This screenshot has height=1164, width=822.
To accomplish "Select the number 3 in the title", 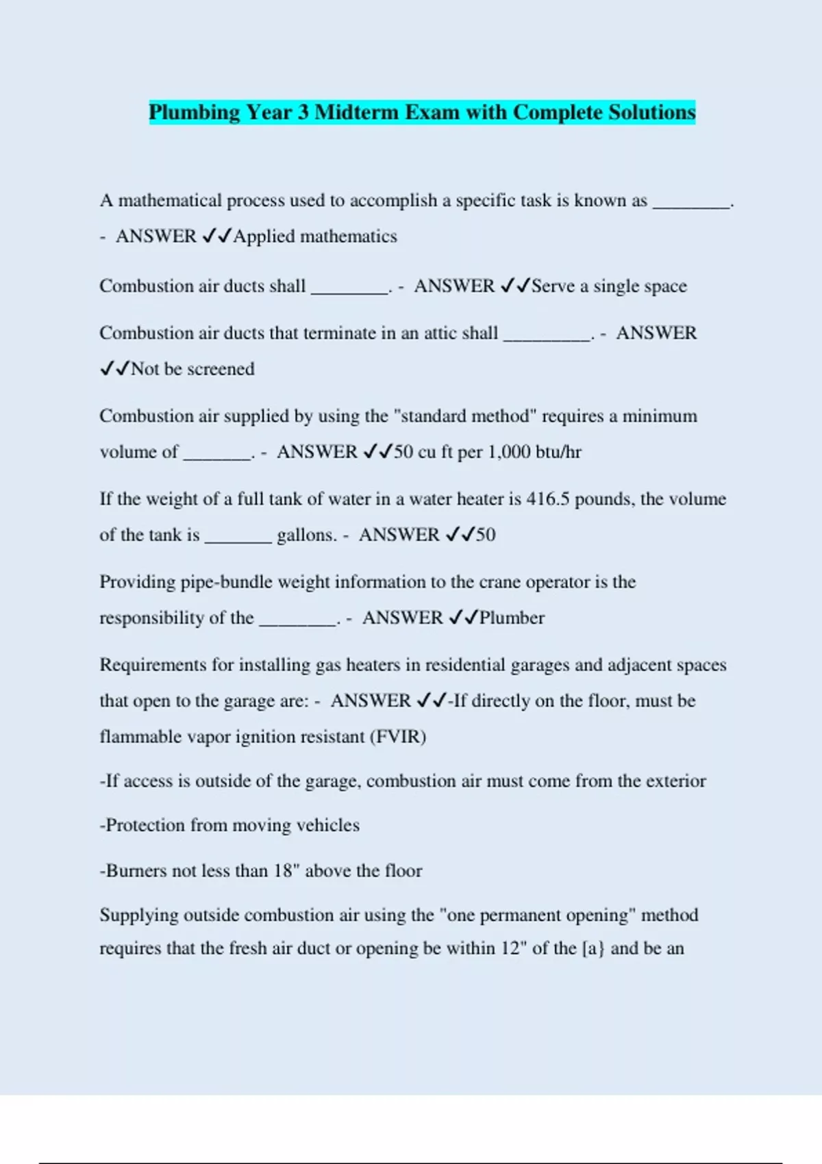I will point(303,112).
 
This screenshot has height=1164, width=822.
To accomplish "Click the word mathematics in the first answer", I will point(349,236).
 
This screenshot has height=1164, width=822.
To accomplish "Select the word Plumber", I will point(512,618).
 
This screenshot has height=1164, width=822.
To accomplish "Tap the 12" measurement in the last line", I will point(512,948).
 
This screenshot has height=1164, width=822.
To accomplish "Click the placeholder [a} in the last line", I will point(593,948).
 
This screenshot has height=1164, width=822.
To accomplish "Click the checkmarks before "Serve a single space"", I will point(515,286).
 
